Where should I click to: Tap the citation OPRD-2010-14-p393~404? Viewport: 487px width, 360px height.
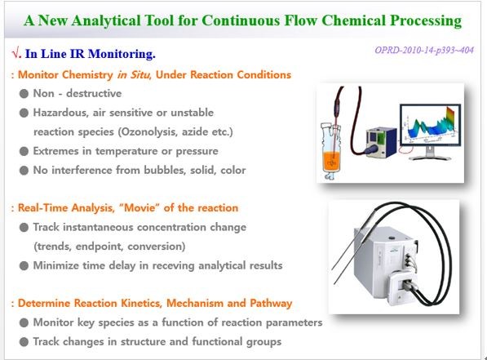coord(424,50)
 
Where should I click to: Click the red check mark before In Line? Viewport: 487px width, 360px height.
coord(15,54)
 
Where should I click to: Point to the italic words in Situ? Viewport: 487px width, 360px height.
coord(134,74)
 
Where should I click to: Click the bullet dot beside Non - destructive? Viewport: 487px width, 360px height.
coord(24,94)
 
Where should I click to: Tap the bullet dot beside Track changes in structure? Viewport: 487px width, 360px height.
coord(24,342)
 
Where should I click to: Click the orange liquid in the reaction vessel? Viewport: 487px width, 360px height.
coord(332,161)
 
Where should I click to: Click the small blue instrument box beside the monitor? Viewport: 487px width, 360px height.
coord(382,141)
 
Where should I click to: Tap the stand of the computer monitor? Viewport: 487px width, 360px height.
coord(430,153)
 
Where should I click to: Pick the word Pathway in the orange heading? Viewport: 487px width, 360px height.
coord(271,303)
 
